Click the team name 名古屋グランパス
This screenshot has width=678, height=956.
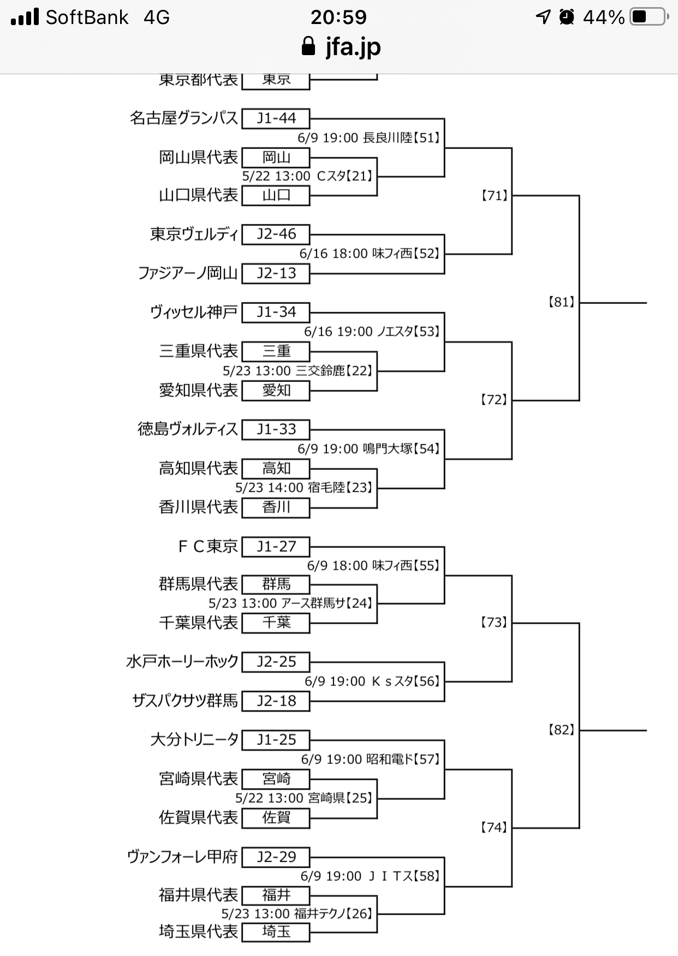click(184, 118)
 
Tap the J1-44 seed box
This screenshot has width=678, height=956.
click(276, 118)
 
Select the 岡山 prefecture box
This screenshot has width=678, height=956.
click(276, 157)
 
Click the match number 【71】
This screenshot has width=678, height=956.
click(495, 195)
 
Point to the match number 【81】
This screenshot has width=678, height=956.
click(562, 302)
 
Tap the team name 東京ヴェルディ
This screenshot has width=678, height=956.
click(194, 234)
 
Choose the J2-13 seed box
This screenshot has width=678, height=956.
click(276, 273)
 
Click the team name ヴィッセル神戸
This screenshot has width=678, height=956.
click(194, 312)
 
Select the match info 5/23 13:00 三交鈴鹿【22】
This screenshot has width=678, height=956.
click(298, 371)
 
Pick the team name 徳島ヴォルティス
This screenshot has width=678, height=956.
click(188, 429)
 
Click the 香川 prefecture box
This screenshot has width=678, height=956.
click(276, 507)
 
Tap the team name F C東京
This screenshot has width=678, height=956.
click(208, 546)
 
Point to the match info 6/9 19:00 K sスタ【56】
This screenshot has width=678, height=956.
click(372, 682)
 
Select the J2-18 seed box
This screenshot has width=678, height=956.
click(276, 701)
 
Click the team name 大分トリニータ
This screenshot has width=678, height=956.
click(194, 740)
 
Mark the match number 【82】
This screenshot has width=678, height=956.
click(562, 730)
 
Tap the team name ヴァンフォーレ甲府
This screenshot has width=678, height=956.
click(182, 857)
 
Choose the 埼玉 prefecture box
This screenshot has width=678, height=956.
click(276, 931)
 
